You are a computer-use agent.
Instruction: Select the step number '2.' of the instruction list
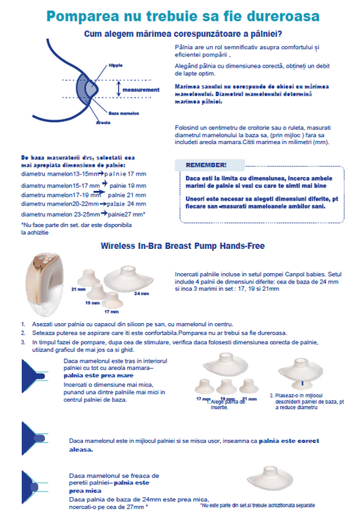pyautogui.click(x=23, y=331)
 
